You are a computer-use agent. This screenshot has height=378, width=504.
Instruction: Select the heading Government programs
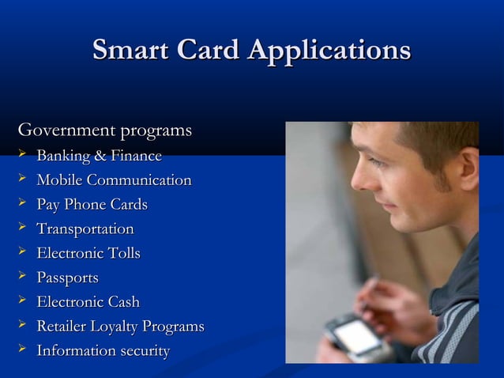(x=105, y=129)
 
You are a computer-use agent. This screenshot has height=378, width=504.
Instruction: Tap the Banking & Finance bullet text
(x=99, y=156)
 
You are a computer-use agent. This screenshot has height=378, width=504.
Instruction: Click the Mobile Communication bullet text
(x=114, y=180)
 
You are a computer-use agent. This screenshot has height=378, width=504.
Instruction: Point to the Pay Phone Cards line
(x=92, y=205)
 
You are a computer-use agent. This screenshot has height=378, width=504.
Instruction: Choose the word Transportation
(x=85, y=229)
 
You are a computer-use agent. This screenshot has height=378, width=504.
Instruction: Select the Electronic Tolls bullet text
(x=88, y=254)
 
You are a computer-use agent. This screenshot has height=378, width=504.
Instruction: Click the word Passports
(x=67, y=278)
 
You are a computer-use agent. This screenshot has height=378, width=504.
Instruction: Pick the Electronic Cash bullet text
(x=88, y=302)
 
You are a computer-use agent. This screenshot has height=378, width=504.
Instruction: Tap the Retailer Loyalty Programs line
(x=120, y=327)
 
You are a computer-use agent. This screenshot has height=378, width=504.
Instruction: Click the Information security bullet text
(x=103, y=351)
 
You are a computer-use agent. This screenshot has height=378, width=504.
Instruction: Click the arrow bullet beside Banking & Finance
(x=22, y=155)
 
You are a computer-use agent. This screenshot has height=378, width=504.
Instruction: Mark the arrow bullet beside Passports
(x=22, y=278)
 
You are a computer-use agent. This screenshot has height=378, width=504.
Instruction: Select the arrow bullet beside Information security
(x=22, y=350)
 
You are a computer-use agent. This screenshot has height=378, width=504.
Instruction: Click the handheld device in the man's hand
(x=352, y=337)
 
